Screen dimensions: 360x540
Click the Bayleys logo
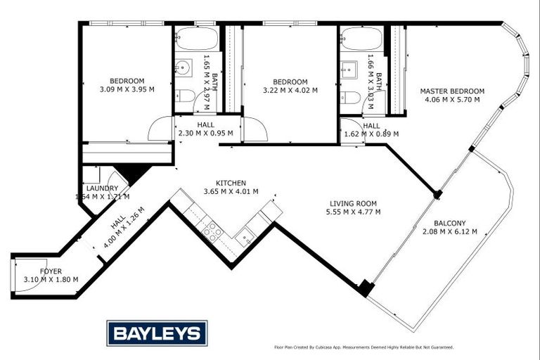click(x=157, y=333)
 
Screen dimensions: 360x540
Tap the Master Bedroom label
click(x=452, y=91)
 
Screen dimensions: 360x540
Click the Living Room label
click(x=354, y=202)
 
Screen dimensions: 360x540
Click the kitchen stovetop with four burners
click(x=212, y=231)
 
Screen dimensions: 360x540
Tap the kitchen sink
click(x=245, y=237)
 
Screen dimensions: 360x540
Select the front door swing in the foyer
click(x=24, y=276)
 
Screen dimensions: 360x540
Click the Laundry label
click(x=102, y=188)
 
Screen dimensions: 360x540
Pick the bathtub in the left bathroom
click(x=197, y=39)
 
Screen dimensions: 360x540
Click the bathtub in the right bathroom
click(x=361, y=39)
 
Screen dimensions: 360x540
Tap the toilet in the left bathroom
click(x=184, y=96)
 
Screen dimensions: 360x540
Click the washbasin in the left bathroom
click(x=182, y=68)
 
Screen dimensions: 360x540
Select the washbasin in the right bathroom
click(x=349, y=70)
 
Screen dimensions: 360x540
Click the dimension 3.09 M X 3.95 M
click(x=127, y=89)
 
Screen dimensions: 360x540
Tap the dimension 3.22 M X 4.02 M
click(x=290, y=90)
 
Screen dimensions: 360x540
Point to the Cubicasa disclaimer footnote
click(x=364, y=347)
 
